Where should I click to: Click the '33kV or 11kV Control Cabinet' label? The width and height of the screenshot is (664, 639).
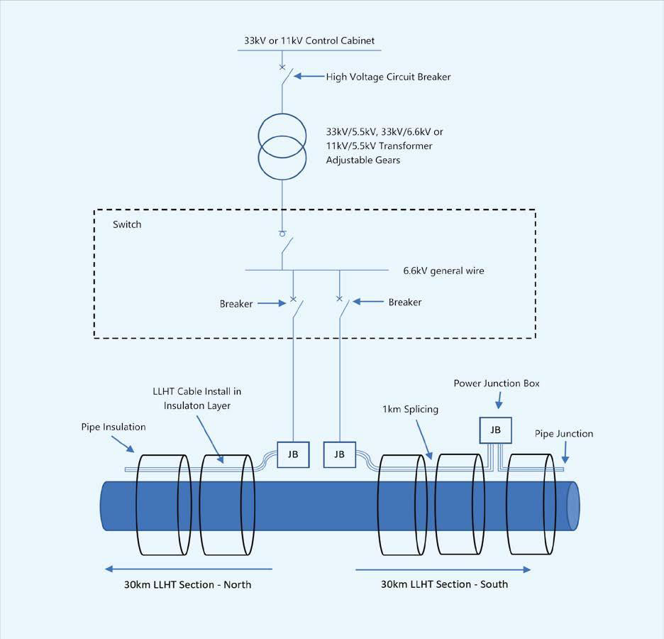(x=309, y=40)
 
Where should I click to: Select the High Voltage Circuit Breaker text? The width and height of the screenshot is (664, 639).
(x=388, y=77)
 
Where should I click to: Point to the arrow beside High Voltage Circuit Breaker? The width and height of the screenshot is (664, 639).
(x=309, y=76)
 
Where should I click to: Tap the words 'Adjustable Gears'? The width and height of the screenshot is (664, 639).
(x=363, y=160)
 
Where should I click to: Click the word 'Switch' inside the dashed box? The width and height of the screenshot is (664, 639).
(x=127, y=224)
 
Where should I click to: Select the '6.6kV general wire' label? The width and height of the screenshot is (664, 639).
(x=443, y=271)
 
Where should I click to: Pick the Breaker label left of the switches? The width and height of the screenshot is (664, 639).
(x=236, y=304)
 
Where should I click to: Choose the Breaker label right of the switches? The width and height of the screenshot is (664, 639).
(x=405, y=302)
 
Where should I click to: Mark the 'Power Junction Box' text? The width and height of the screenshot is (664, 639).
(x=497, y=383)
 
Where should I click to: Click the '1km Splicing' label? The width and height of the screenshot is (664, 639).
(x=410, y=410)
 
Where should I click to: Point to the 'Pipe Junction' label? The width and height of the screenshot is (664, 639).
(x=564, y=434)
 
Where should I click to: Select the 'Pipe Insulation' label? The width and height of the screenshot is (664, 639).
(x=114, y=427)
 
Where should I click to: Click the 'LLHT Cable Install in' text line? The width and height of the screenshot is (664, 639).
(x=197, y=391)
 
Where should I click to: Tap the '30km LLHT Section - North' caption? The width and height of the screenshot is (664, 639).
(x=187, y=585)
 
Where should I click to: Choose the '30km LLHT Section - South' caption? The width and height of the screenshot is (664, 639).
(x=444, y=584)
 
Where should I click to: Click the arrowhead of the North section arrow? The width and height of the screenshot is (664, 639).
(x=109, y=569)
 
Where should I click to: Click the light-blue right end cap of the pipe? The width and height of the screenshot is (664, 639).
(x=572, y=506)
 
